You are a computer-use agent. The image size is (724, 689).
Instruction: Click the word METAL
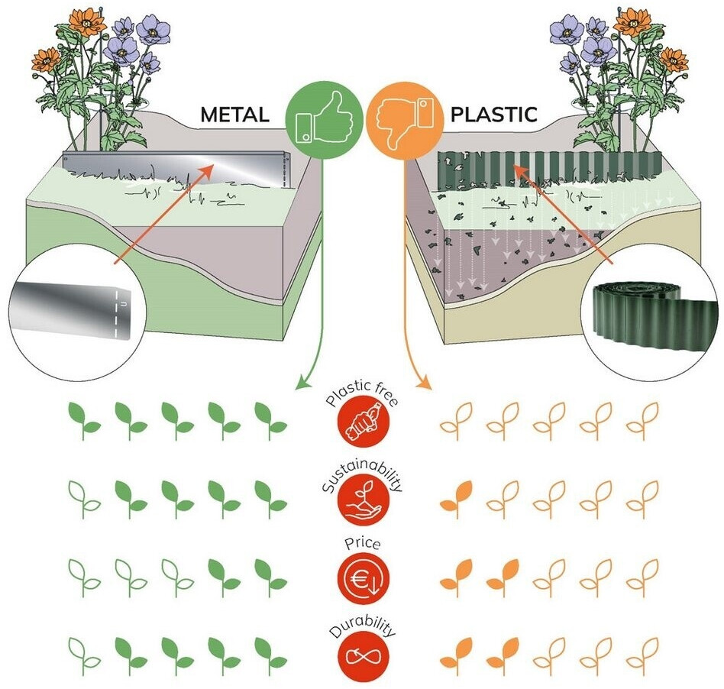point(234,115)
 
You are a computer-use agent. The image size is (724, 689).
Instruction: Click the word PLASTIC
point(493,115)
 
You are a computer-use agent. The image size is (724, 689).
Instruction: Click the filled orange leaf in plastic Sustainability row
point(456,495)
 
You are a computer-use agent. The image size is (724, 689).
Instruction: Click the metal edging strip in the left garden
point(176,166)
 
